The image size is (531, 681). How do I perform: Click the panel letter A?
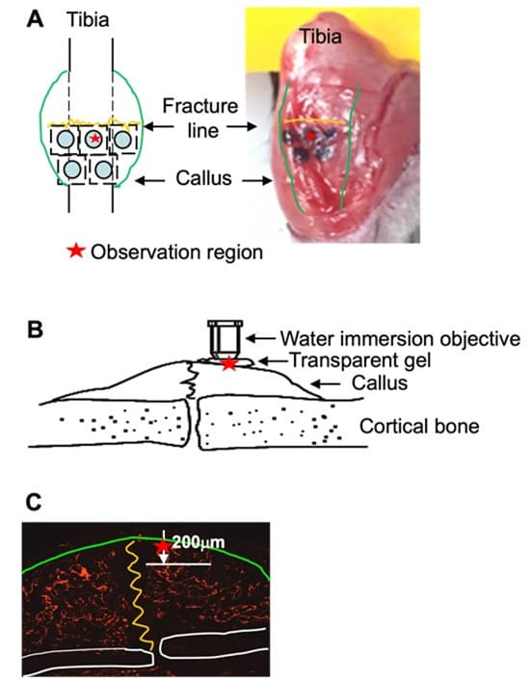point(35,19)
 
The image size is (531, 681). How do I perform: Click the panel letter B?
point(35,329)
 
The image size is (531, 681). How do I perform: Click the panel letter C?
point(34,503)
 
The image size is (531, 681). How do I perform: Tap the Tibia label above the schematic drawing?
point(88,20)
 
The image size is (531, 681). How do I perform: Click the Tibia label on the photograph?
point(321,37)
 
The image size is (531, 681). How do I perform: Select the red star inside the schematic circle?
point(95,139)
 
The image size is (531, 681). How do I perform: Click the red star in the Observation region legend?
point(76,251)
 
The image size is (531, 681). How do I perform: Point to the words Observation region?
point(177,252)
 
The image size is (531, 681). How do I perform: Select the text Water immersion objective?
point(400,339)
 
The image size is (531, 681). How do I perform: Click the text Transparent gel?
point(360,360)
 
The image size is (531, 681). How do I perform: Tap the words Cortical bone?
point(419,427)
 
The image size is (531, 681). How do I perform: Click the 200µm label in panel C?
point(199,542)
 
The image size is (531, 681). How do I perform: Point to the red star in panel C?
point(163,546)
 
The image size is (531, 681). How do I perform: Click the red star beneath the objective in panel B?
point(229,363)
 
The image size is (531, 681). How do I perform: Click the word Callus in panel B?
point(380,383)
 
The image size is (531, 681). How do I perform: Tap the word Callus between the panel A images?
point(203,178)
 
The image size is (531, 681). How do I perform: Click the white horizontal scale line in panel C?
point(178,564)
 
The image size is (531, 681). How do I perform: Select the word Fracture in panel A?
point(200,106)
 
